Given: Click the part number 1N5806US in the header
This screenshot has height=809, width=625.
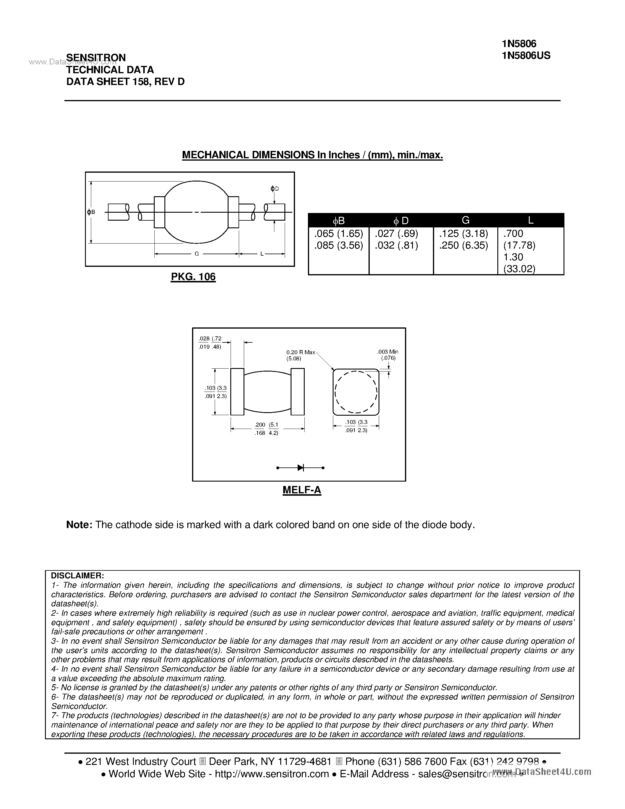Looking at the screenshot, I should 526,56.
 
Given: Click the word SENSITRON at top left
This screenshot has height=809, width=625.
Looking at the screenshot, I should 96,57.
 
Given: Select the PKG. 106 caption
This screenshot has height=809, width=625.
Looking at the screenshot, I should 193,277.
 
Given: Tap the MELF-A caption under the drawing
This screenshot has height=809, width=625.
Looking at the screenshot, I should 302,490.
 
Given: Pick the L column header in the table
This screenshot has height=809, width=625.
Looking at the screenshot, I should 530,220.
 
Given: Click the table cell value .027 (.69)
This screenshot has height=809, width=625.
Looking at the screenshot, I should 396,234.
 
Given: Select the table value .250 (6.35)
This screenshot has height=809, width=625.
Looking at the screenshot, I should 464,245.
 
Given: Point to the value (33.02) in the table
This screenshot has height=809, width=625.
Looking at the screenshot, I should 519,269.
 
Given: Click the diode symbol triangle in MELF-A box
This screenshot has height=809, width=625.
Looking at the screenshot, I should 300,468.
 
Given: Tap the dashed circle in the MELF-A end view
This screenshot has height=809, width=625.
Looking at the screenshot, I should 356,392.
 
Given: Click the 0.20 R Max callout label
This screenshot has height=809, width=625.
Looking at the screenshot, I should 300,352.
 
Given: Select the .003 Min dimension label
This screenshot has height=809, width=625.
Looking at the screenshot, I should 388,352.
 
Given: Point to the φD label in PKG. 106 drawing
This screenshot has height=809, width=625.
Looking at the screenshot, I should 274,189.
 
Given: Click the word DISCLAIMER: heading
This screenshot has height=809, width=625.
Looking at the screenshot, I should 77,576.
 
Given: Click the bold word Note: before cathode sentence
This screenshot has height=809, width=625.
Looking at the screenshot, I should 79,525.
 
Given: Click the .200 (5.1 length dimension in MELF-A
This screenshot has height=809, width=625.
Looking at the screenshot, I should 266,425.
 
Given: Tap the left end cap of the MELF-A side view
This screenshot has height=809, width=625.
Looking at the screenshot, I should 237,392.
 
